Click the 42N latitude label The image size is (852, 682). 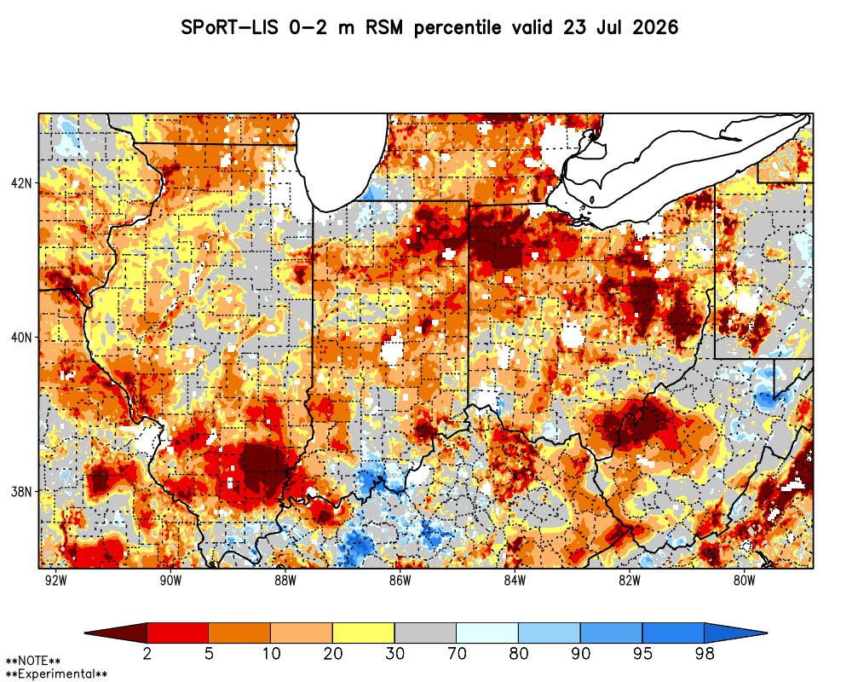click(20, 182)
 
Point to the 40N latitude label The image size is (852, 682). click(20, 338)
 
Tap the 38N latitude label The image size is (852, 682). click(20, 492)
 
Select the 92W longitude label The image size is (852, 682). click(56, 581)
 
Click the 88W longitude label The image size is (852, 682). click(285, 581)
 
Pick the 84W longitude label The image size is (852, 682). click(515, 581)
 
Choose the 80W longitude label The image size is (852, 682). click(745, 581)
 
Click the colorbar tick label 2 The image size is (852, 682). click(147, 653)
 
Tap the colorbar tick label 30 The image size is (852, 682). click(394, 653)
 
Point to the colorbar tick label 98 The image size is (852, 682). click(705, 653)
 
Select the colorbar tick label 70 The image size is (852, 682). click(457, 653)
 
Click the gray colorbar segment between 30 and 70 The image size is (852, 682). click(425, 633)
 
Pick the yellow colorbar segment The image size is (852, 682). click(364, 633)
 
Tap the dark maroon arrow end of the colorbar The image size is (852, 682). click(116, 633)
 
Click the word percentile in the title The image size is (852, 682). click(458, 28)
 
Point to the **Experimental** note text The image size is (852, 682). click(56, 674)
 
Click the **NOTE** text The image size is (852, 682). click(33, 662)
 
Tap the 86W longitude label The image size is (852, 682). click(400, 581)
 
